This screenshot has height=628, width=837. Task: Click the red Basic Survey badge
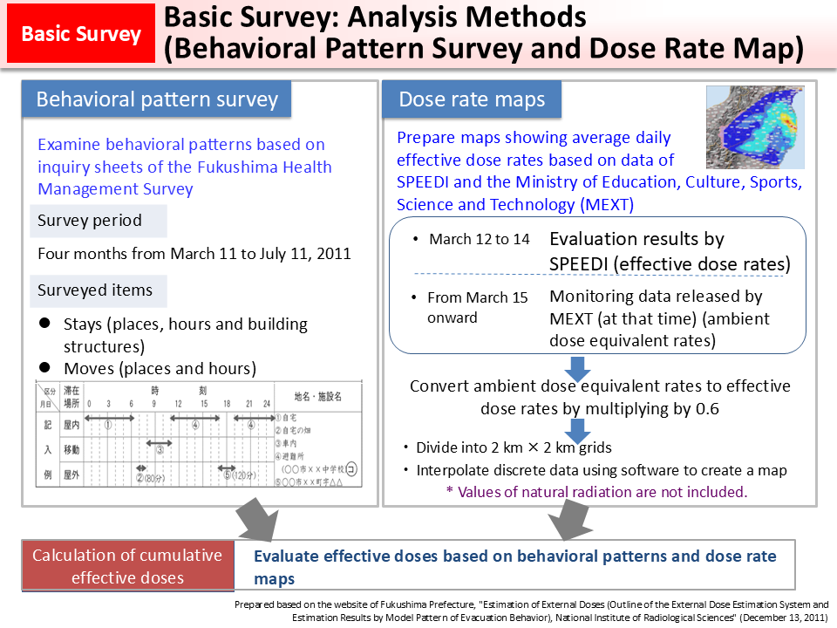point(81,34)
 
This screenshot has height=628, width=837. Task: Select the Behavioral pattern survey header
point(157,99)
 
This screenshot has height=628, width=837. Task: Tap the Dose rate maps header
point(472,99)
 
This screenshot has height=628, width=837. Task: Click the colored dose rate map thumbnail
point(755,126)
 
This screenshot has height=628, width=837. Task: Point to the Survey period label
point(89,221)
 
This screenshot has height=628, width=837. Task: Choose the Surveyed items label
point(94,290)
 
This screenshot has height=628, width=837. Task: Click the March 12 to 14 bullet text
point(479,239)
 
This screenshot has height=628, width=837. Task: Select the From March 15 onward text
point(477,307)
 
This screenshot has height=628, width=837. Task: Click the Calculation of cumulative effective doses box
point(127,566)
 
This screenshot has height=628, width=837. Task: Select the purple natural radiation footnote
point(596,492)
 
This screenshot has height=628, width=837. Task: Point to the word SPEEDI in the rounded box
point(581,263)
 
